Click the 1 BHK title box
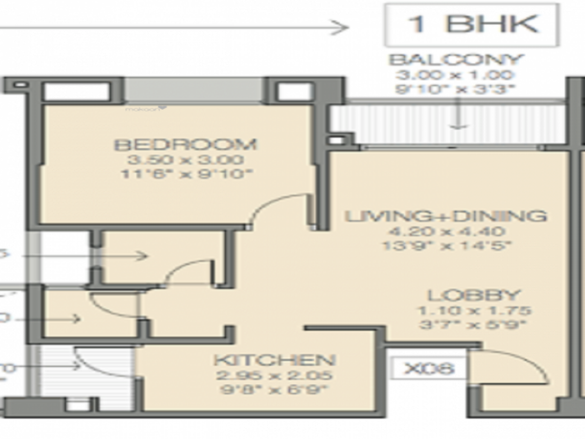(471, 25)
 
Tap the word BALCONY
(456, 60)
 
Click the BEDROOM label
(185, 145)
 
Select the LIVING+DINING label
(446, 216)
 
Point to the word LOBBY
(473, 296)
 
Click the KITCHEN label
(275, 360)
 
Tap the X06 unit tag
(429, 368)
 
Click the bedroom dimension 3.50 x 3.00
(185, 160)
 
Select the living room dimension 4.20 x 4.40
(446, 231)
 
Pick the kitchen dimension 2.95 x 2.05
(275, 375)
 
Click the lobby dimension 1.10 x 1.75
(473, 310)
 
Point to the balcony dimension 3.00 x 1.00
(456, 75)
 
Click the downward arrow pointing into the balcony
(457, 117)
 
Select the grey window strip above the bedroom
(194, 90)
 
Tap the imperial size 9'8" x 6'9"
(275, 389)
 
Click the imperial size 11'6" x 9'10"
(185, 174)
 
